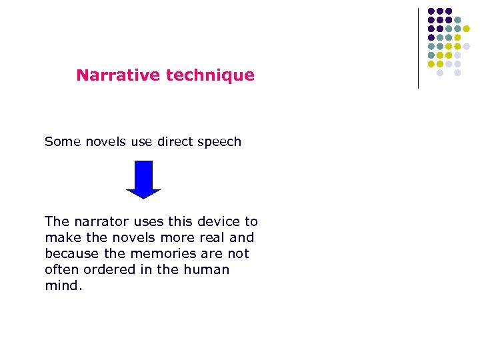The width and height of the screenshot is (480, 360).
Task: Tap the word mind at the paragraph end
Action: coord(61,285)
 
